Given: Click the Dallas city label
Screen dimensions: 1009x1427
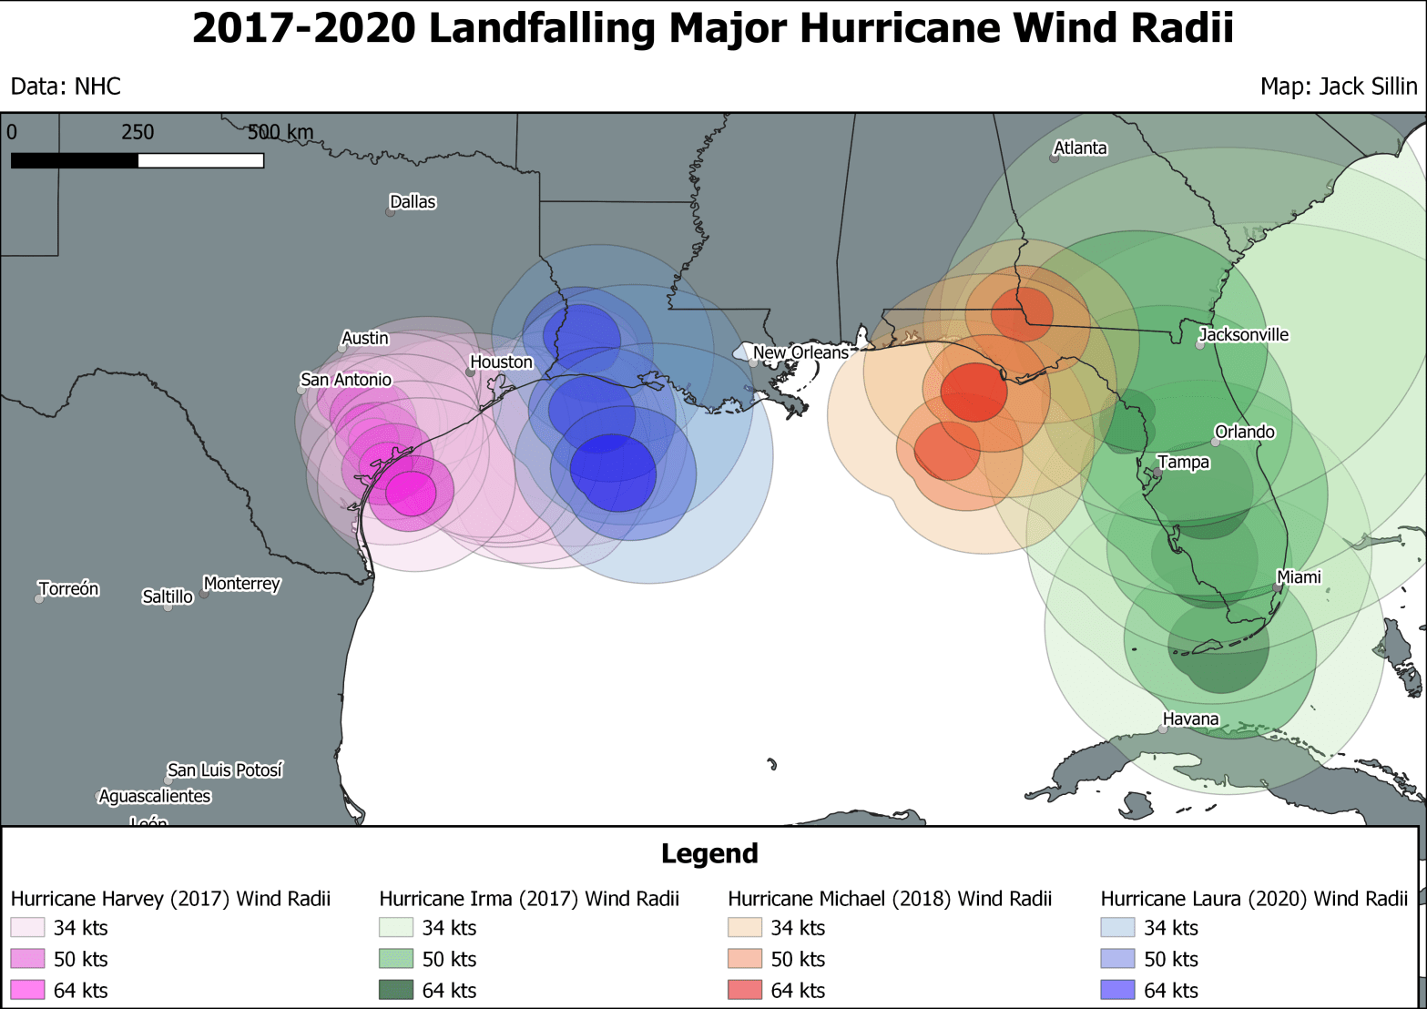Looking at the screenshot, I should pos(413,202).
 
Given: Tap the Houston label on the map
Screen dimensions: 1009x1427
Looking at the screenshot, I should pos(501,362).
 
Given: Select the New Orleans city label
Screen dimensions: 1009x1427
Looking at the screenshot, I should pos(800,352).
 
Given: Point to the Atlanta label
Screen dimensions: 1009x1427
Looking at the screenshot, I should pos(1080,148).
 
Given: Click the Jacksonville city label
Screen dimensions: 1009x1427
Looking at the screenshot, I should pos(1243,335).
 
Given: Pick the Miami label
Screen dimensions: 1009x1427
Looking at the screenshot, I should pos(1299,577).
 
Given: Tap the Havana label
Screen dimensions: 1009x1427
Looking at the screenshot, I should pos(1190,719).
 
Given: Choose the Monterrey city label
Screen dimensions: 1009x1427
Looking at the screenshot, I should pos(241,584).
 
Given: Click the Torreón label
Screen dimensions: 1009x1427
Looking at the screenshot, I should pos(68,589).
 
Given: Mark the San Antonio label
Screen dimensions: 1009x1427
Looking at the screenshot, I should pos(346,380).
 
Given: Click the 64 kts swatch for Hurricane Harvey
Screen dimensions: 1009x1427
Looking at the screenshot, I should pos(27,990).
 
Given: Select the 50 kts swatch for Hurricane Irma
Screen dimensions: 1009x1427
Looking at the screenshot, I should pos(396,959).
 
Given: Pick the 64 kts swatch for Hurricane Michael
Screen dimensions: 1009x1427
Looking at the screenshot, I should pos(745,990).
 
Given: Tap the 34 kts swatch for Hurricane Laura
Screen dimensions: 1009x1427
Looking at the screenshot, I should pos(1117,928).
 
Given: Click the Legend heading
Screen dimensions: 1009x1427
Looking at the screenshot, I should pos(709,853).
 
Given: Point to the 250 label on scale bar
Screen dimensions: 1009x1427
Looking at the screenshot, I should pos(138,132).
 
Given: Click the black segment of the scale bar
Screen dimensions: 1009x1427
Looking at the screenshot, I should pos(75,161).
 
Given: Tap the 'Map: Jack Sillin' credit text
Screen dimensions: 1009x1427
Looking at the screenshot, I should pos(1338,87).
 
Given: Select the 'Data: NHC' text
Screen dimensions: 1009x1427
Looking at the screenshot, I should pos(66,87).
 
